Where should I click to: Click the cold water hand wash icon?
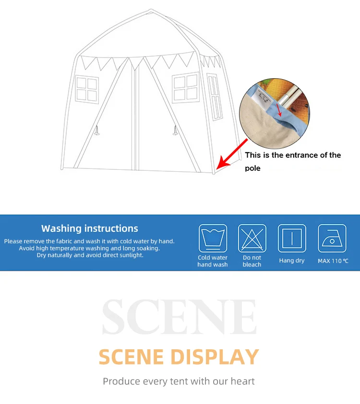[213, 238]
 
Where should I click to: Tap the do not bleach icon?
[252, 238]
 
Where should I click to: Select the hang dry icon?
[292, 238]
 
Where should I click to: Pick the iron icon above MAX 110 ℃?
[332, 238]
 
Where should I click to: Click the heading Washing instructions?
[90, 228]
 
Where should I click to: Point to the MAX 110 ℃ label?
[333, 261]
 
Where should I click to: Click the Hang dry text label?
[292, 261]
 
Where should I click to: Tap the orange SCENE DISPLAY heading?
[179, 357]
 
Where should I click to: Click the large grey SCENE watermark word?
[179, 317]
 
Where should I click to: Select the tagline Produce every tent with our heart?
[179, 381]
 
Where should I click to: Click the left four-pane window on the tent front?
[87, 89]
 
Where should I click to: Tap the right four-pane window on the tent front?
[186, 87]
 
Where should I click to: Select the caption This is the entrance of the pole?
[293, 161]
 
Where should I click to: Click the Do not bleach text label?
[252, 261]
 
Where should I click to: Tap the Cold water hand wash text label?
[213, 261]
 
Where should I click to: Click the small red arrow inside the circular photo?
[279, 110]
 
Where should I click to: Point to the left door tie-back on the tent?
[97, 131]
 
